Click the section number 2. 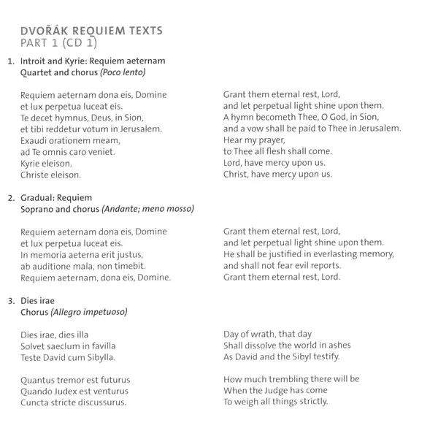(x=10, y=198)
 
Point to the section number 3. (x=10, y=300)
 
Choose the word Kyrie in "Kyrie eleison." (x=33, y=163)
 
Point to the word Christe (x=36, y=175)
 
